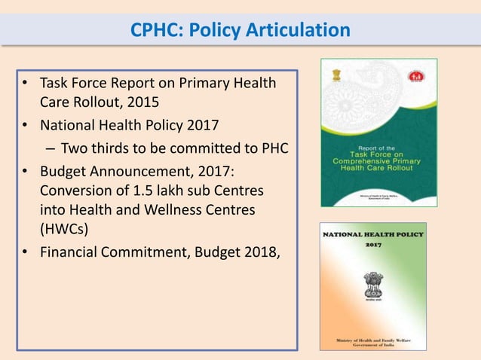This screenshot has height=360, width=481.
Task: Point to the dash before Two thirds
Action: pos(50,148)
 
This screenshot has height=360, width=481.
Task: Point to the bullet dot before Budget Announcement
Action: pos(26,168)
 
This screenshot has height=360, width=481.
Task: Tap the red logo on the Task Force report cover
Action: pos(415,76)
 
